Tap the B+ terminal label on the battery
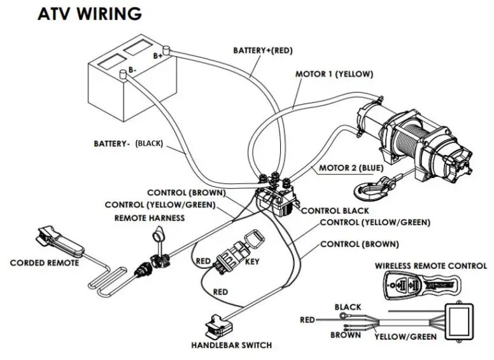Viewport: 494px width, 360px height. coord(157,57)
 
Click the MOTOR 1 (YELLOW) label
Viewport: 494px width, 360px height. coord(334,74)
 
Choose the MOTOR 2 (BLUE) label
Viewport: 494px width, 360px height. coord(351,168)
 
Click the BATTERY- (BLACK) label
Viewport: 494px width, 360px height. coord(128,144)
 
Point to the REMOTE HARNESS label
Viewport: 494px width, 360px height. coord(149,218)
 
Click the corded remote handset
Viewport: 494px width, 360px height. coord(57,241)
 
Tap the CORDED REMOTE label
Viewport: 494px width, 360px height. coord(45,263)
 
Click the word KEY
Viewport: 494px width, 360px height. coord(252,261)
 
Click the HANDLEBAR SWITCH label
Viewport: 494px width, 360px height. coord(231,345)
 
